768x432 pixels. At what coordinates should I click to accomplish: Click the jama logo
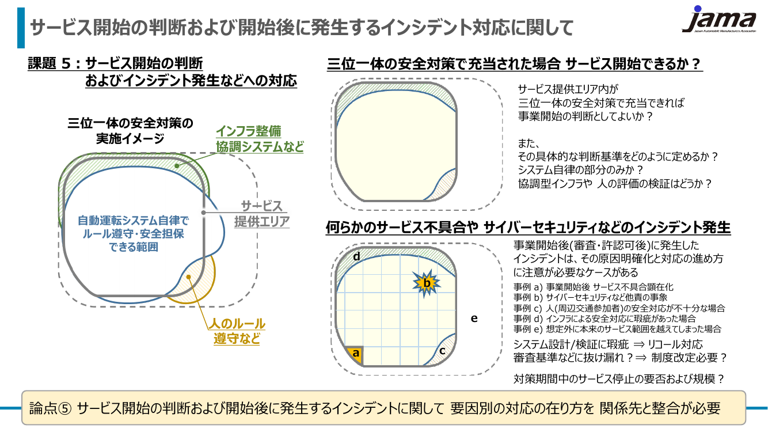(719, 20)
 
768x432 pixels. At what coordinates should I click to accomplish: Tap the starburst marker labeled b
(427, 283)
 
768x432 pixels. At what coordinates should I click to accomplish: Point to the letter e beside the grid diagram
(474, 319)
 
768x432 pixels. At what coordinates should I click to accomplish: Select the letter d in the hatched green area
(356, 256)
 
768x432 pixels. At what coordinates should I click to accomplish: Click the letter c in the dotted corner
(442, 351)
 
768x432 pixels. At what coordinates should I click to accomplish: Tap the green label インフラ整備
(249, 131)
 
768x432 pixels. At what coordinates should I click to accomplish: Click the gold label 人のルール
(237, 324)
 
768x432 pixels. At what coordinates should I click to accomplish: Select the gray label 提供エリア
(262, 222)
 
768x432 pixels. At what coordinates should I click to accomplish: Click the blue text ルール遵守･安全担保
(134, 234)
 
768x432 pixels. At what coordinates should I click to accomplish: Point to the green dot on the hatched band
(177, 166)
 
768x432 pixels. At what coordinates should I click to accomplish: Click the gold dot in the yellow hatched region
(188, 277)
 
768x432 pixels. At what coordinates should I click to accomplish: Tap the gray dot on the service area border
(203, 213)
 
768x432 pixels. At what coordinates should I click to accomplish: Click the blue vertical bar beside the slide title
(21, 28)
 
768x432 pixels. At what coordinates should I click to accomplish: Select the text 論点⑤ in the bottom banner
(51, 408)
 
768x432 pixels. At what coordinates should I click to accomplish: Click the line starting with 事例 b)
(590, 297)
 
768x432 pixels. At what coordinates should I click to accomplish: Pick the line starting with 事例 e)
(617, 329)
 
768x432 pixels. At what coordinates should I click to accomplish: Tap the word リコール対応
(675, 344)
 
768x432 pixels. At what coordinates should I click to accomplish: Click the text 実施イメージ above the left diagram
(130, 139)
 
